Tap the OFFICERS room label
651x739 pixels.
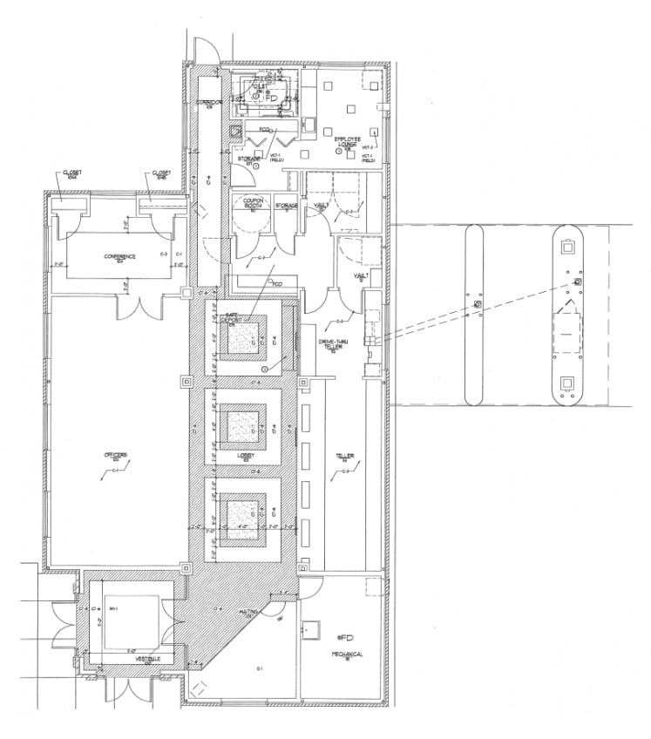[118, 456]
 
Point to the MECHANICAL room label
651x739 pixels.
[347, 654]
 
